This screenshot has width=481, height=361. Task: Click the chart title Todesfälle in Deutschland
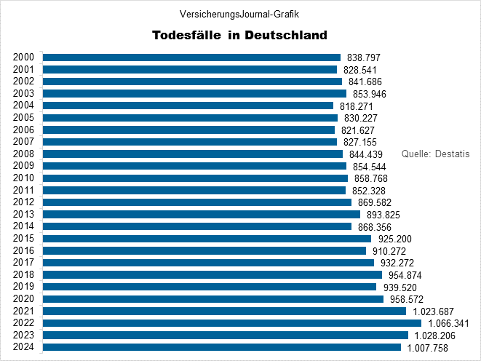coord(239,35)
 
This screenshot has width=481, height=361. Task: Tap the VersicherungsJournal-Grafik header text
coord(239,14)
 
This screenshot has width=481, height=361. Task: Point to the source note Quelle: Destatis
coord(436,154)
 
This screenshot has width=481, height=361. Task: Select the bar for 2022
coord(231,323)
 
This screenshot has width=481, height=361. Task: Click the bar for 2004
coord(188,106)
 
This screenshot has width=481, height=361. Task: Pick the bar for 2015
coord(207,239)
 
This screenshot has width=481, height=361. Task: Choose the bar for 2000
coord(191,57)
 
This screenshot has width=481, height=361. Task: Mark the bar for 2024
coord(221,347)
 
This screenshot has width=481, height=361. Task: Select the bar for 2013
coord(201,215)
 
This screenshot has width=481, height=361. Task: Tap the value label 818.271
coord(357,106)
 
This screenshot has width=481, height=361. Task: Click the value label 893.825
coord(383,215)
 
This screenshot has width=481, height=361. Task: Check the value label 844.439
coord(366,154)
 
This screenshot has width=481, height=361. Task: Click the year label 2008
coord(24,154)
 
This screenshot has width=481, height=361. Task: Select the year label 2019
coord(24,287)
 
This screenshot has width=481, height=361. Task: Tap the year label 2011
coord(24,190)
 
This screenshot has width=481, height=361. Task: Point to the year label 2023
coord(24,335)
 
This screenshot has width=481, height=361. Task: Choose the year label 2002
coord(24,82)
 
